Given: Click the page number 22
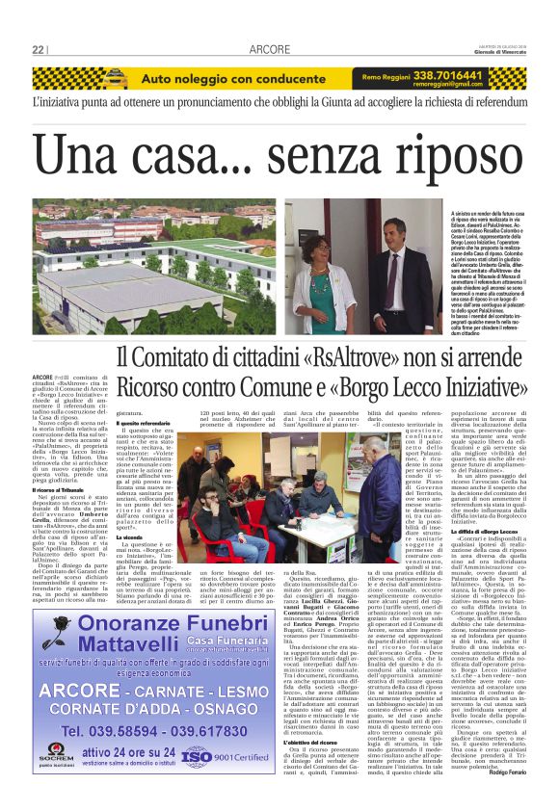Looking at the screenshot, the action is [39, 49].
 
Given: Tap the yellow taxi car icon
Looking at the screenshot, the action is [115, 77].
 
